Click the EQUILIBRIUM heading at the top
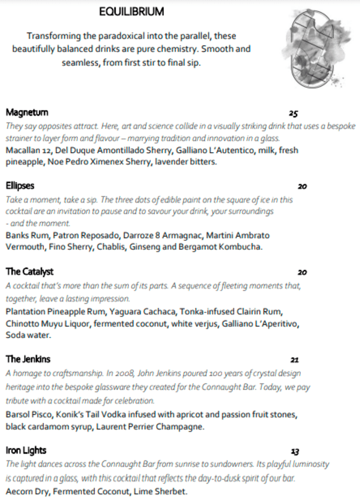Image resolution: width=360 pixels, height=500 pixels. [131, 12]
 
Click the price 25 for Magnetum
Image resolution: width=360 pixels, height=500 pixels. [293, 114]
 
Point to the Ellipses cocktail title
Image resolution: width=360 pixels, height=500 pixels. [20, 186]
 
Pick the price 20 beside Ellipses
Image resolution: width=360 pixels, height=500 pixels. [302, 187]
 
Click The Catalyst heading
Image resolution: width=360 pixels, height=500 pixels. [30, 272]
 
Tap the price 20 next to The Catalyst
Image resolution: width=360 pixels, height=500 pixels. [302, 272]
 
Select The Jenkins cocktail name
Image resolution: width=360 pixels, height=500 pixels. [28, 359]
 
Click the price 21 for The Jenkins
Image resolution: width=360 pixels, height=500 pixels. [294, 359]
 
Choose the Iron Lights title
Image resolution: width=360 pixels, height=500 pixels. [26, 451]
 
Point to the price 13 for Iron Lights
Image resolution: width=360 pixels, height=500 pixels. [295, 451]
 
